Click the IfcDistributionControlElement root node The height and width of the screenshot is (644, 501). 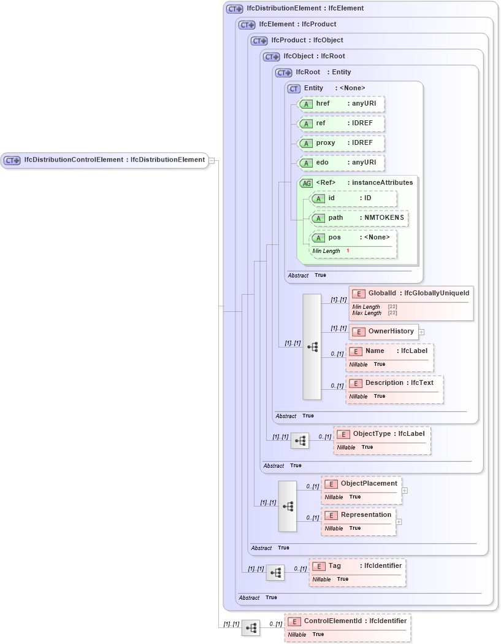click(x=104, y=160)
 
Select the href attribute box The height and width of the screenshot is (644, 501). click(x=341, y=104)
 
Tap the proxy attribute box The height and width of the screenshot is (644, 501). click(x=341, y=143)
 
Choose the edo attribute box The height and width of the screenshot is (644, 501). click(x=341, y=163)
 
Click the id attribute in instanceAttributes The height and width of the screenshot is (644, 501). click(x=353, y=198)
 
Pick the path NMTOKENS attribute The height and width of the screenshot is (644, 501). click(x=359, y=219)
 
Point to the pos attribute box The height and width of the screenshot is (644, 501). click(x=353, y=238)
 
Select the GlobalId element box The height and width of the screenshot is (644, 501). click(x=411, y=293)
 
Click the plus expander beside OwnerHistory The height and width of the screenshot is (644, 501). click(x=422, y=332)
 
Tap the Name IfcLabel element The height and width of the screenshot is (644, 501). click(x=389, y=351)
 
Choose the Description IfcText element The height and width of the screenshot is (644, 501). click(x=394, y=383)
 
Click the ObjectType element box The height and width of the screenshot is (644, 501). click(x=381, y=434)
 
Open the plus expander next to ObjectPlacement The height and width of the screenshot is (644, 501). click(x=405, y=491)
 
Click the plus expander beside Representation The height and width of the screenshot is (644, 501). click(x=399, y=522)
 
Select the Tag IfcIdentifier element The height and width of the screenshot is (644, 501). click(x=357, y=566)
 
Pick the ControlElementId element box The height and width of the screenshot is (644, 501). click(x=347, y=621)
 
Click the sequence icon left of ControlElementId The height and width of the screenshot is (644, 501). click(x=250, y=628)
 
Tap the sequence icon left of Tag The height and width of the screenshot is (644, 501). click(x=275, y=573)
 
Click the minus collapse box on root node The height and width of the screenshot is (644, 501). click(x=211, y=160)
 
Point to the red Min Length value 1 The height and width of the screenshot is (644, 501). click(x=348, y=250)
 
